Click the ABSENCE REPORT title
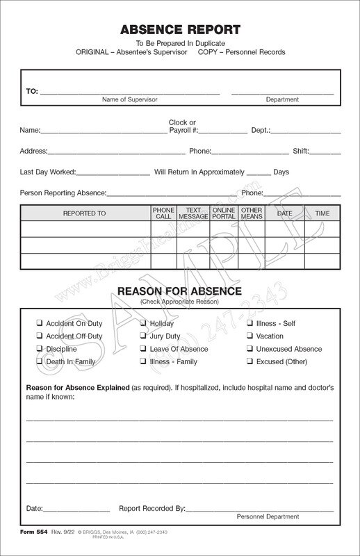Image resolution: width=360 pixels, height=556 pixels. pos(180,30)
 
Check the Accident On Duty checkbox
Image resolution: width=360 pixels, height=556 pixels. pos(40,323)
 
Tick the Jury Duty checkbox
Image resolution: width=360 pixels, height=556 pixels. pos(143,336)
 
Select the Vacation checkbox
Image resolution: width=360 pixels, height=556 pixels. pos(249,336)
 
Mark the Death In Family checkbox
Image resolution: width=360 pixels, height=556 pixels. pos(40,362)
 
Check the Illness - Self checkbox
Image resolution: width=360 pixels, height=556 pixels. pos(249,323)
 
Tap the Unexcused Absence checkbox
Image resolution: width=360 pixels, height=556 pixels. pos(249,349)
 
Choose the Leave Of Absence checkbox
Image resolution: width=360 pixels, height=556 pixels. pos(143,349)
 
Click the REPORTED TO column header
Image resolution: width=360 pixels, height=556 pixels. pos(84,213)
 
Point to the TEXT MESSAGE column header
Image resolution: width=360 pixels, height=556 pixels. pos(193,213)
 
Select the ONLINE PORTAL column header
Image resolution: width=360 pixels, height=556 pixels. pos(224,213)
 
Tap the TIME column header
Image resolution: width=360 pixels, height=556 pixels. pos(322,213)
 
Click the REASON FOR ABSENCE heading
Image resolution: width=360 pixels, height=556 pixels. pos(180,291)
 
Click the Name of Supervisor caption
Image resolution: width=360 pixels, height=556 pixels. pos(131,99)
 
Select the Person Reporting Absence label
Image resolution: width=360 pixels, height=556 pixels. pos(63,193)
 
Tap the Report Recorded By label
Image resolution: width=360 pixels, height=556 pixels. pos(152,508)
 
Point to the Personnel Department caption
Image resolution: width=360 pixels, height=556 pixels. pos(268,516)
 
